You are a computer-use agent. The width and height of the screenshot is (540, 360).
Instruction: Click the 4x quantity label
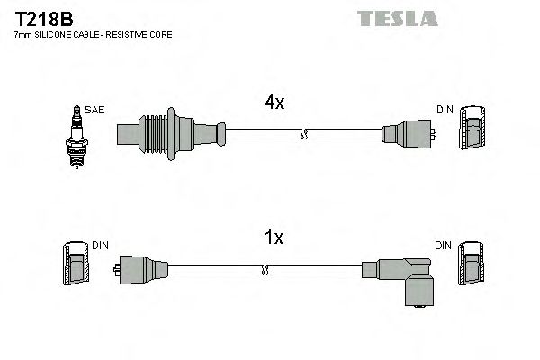pos(274,103)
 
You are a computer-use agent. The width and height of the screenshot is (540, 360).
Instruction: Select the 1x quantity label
pos(274,238)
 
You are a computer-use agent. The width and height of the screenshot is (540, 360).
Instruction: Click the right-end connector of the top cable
pos(409,136)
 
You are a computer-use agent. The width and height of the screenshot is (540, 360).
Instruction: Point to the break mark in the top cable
pos(304,135)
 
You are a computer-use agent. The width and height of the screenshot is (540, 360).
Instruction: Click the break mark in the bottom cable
pos(265,269)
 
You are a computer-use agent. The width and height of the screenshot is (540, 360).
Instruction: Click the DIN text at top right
pos(445,110)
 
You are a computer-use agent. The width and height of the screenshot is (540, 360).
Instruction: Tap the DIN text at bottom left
pos(100,245)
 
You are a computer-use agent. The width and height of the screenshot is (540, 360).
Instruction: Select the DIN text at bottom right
pos(445,245)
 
